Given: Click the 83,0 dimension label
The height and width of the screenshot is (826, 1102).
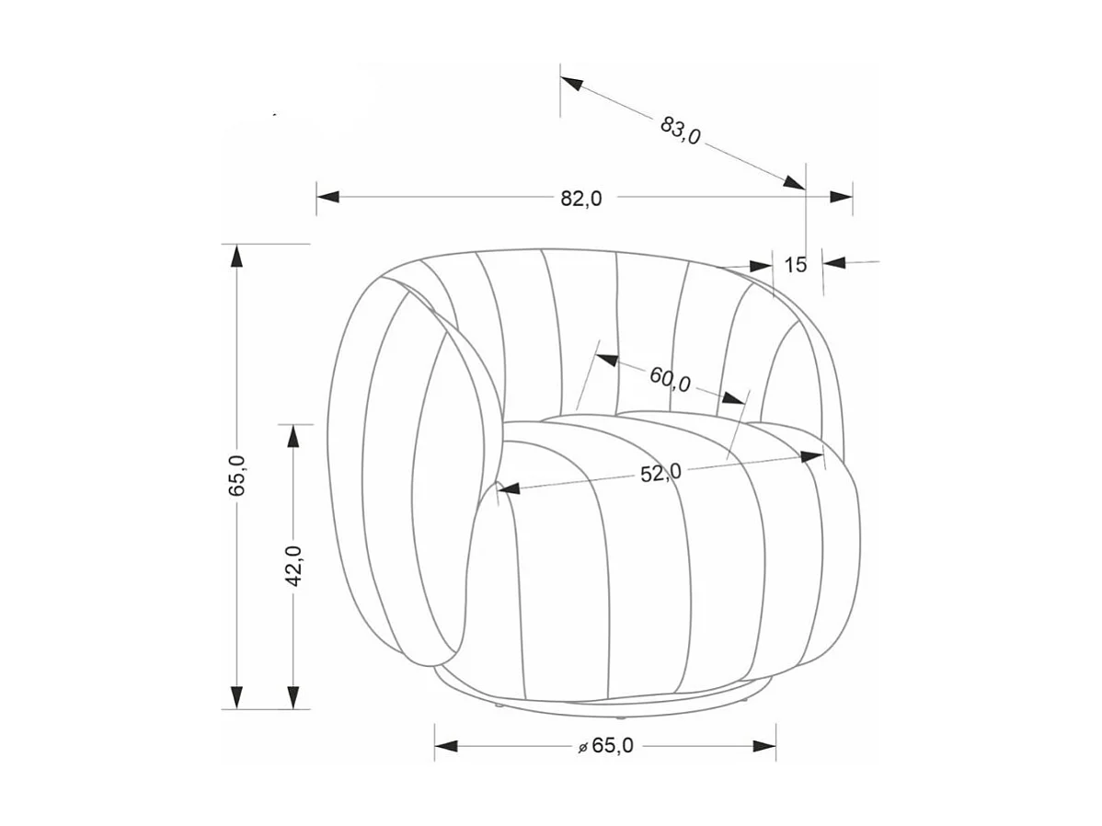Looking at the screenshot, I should [x=681, y=130].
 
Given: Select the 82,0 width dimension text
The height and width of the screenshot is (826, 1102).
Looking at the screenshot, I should [x=581, y=198].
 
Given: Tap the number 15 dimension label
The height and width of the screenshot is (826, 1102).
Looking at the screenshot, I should [x=796, y=265].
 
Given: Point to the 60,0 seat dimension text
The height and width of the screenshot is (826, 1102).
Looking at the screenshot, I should [x=670, y=379].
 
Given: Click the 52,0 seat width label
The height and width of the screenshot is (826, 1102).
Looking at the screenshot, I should [x=660, y=473].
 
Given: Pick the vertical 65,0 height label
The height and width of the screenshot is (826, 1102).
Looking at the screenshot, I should [x=236, y=476].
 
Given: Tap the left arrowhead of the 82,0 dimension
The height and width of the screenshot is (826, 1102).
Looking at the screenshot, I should [x=327, y=197].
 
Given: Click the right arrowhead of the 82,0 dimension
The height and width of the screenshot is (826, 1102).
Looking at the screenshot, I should [x=841, y=197].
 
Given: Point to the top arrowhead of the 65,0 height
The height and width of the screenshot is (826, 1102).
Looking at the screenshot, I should [x=237, y=256].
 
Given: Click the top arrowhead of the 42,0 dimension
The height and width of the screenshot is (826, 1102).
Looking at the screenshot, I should [x=293, y=435].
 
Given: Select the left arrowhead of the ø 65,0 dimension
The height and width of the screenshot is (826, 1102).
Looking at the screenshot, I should [x=446, y=745].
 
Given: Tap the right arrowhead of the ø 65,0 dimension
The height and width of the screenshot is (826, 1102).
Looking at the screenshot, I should [x=764, y=745].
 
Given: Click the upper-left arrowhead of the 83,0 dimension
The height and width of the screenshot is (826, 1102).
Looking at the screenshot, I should [x=572, y=84].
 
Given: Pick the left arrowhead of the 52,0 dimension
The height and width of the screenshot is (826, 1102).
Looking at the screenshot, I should [x=509, y=488].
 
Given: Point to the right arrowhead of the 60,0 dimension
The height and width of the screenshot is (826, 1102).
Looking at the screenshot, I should [x=733, y=399].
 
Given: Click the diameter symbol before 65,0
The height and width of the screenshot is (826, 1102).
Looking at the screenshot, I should [x=582, y=748].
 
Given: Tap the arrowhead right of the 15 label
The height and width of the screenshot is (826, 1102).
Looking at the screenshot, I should [x=834, y=263].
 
